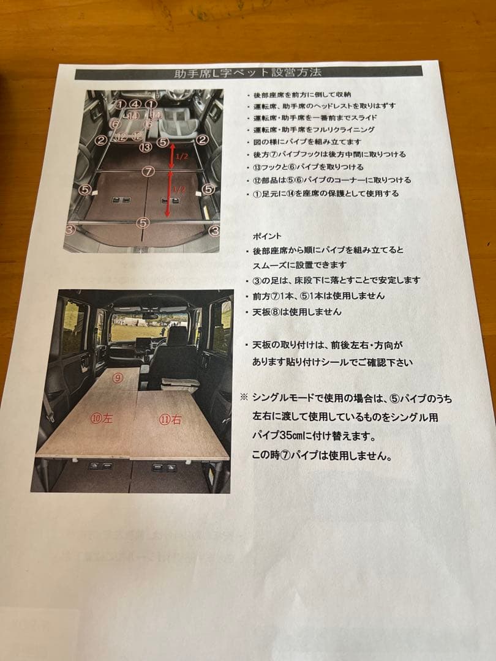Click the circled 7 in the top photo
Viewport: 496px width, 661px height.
point(148,171)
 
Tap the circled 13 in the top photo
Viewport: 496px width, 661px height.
point(145,147)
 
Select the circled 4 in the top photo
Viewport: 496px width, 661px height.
point(135,105)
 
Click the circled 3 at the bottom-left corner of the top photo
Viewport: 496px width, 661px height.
point(70,230)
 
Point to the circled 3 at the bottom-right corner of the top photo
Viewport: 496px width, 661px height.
point(214,231)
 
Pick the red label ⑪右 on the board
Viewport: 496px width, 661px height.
point(170,420)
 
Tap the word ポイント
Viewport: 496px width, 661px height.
point(266,235)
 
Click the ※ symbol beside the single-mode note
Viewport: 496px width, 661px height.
point(243,397)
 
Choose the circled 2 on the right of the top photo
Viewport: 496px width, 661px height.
point(203,140)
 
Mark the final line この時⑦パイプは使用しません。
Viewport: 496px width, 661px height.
point(321,456)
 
